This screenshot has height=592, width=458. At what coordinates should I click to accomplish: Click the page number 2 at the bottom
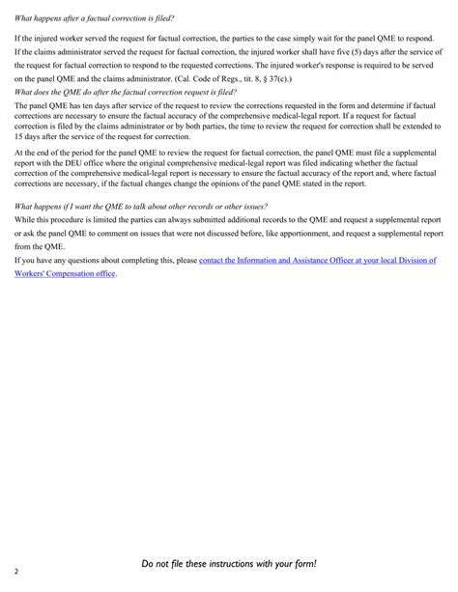[x=16, y=571]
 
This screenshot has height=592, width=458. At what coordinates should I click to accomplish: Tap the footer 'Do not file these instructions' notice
[x=229, y=564]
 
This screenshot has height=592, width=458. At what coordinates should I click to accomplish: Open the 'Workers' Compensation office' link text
[x=66, y=274]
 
